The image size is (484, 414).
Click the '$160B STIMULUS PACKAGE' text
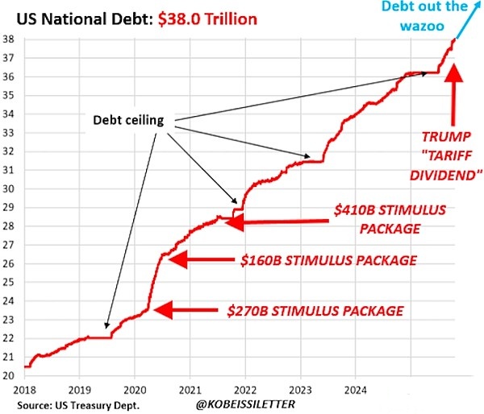pyautogui.click(x=328, y=260)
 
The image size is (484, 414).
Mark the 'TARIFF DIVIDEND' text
pyautogui.click(x=444, y=164)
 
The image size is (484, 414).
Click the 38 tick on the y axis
pyautogui.click(x=8, y=39)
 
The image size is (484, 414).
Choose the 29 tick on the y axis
pyautogui.click(x=8, y=207)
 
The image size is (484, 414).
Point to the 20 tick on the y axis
pyautogui.click(x=8, y=375)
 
